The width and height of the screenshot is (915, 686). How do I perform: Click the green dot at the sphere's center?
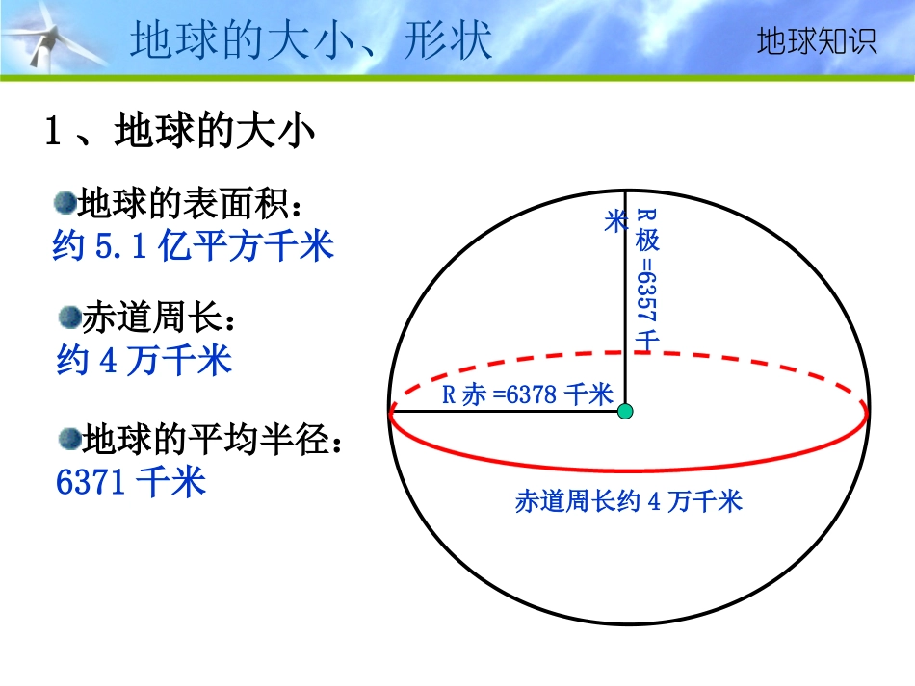click(x=625, y=412)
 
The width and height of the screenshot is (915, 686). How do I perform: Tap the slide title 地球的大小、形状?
click(x=311, y=41)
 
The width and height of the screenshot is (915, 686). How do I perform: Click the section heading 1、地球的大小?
click(x=180, y=132)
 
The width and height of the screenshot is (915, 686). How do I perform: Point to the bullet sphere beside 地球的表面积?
click(x=65, y=202)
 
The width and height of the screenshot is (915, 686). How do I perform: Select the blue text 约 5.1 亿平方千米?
click(x=193, y=247)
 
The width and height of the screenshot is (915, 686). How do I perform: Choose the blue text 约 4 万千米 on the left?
click(x=144, y=361)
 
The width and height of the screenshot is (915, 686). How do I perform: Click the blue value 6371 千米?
click(x=132, y=481)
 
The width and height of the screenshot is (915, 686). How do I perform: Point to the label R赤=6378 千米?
click(x=527, y=394)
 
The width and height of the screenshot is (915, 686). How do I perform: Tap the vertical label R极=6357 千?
click(x=646, y=279)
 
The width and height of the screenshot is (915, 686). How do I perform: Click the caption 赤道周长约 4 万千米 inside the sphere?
click(x=629, y=501)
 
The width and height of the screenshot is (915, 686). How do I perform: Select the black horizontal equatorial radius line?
click(x=501, y=412)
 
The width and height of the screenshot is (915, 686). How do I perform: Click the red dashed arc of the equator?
click(x=626, y=354)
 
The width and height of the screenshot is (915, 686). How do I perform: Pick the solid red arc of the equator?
click(x=626, y=470)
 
